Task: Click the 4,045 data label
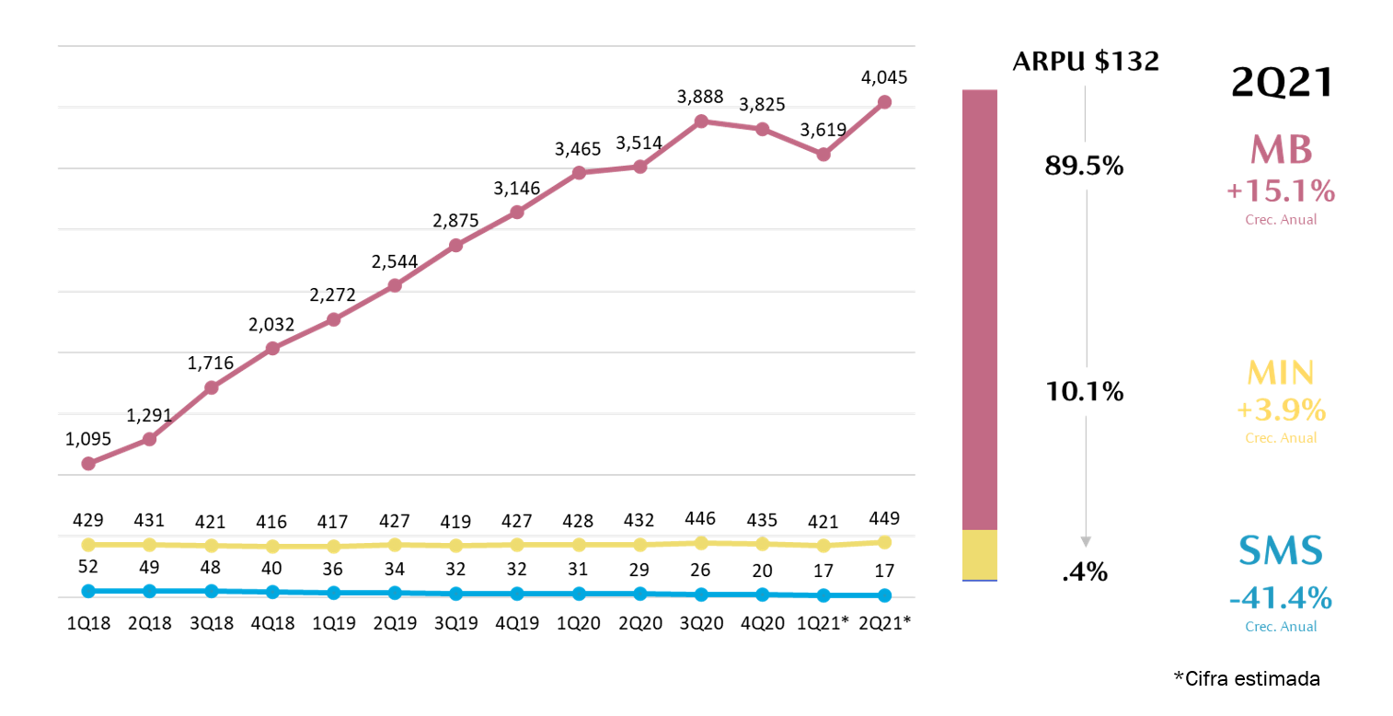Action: (x=884, y=77)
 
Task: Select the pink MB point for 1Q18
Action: (x=88, y=464)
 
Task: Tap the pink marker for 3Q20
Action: (x=701, y=121)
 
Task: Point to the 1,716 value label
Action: (x=211, y=364)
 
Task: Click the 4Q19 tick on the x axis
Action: (x=517, y=622)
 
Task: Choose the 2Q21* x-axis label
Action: (x=884, y=622)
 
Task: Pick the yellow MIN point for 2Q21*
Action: (x=884, y=542)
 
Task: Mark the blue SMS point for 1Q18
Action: (x=88, y=591)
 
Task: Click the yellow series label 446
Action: (x=701, y=518)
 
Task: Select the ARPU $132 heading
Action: (x=1085, y=62)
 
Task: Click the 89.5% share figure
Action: (x=1085, y=167)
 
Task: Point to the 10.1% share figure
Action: (x=1085, y=392)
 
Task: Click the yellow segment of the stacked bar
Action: (x=979, y=555)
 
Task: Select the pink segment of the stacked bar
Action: (x=979, y=309)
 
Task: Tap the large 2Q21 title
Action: (x=1282, y=84)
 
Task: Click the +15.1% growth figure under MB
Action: (x=1280, y=191)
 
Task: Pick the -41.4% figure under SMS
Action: (x=1280, y=599)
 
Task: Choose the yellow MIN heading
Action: (x=1280, y=373)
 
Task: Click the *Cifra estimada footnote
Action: (x=1247, y=679)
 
